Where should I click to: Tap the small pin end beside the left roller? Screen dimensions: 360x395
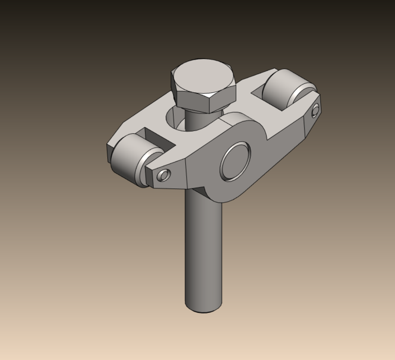pos(163,175)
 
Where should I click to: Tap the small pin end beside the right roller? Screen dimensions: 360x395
pos(315,110)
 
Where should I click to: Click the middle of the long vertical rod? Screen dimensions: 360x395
pos(203,253)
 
